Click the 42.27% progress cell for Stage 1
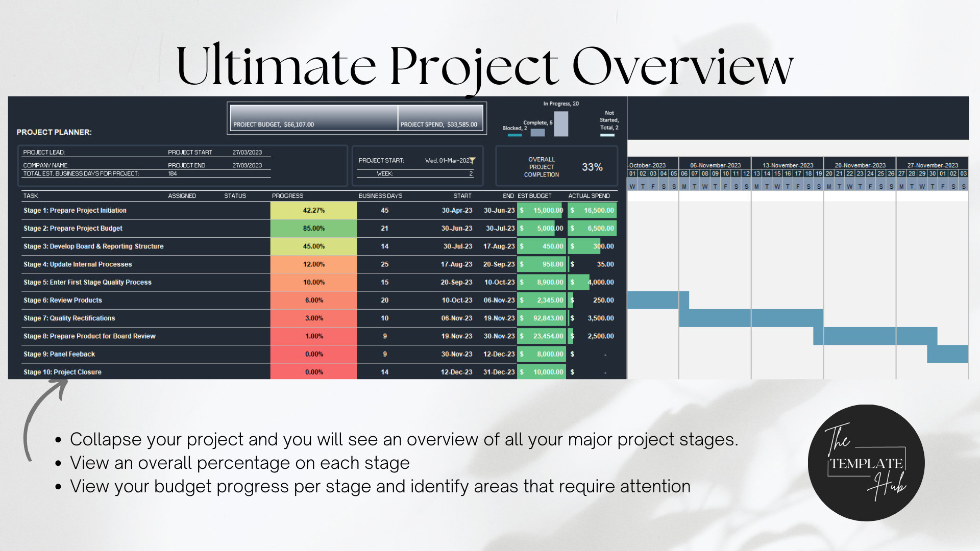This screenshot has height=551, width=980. pyautogui.click(x=313, y=210)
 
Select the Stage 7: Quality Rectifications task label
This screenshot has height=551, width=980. pyautogui.click(x=69, y=318)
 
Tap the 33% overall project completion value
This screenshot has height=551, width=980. pyautogui.click(x=592, y=167)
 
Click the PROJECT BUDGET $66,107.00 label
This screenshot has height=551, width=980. pyautogui.click(x=274, y=124)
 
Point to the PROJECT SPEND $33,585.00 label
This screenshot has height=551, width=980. pyautogui.click(x=439, y=124)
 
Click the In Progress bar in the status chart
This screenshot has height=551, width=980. pyautogui.click(x=561, y=123)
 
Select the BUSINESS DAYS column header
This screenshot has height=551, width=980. pyautogui.click(x=380, y=196)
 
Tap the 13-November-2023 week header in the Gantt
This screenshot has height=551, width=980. pyautogui.click(x=788, y=165)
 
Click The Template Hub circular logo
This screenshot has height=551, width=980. pyautogui.click(x=866, y=463)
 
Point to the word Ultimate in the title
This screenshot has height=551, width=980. pyautogui.click(x=276, y=66)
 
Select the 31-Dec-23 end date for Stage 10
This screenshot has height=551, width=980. pyautogui.click(x=499, y=372)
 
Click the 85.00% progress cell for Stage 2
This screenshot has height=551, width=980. pyautogui.click(x=313, y=228)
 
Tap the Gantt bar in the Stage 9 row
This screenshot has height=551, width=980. pyautogui.click(x=947, y=354)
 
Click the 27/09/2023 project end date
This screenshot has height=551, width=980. pyautogui.click(x=247, y=165)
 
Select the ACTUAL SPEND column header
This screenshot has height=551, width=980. pyautogui.click(x=589, y=196)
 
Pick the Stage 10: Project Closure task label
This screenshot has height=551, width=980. pyautogui.click(x=62, y=372)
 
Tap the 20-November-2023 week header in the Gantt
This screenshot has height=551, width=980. pyautogui.click(x=860, y=165)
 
